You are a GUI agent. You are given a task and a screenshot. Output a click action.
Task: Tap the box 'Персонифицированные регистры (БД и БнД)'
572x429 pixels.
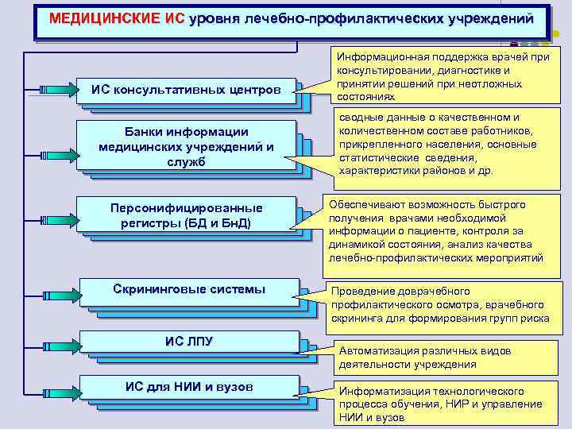click(186, 215)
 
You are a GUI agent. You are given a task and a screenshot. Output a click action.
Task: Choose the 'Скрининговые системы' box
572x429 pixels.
click(189, 290)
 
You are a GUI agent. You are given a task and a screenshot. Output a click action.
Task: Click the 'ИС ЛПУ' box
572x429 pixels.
click(189, 342)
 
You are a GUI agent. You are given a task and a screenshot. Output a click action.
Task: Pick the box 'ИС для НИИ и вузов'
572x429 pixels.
click(189, 387)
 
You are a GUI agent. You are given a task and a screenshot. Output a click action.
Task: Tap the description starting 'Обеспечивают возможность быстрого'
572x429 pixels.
click(437, 231)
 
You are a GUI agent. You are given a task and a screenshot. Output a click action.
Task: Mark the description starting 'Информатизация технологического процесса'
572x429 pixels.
click(442, 404)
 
